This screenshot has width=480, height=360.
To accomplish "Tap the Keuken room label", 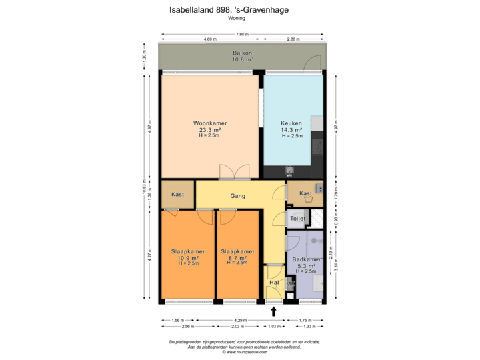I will pos(292,123).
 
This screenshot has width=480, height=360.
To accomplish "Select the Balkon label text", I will pos(242,53).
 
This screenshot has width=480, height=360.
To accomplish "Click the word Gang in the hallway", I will pos(238,196).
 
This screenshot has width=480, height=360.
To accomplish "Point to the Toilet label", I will pos(298,219).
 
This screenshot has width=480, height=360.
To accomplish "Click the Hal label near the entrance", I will pos(273,283).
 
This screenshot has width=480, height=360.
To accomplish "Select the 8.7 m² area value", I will pos(237,257).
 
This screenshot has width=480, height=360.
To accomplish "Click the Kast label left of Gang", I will pos(177,195).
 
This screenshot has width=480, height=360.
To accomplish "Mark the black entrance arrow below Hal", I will pos(273,310).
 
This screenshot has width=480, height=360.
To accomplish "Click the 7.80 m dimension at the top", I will pos(242,33).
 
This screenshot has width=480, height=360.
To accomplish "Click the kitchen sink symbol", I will pos(290,169).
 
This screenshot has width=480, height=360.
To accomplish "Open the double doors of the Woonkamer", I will pos(234,172).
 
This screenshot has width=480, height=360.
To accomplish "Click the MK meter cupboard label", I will pos(290,284).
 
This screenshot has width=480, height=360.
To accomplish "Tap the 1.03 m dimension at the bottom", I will pos(273,327).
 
